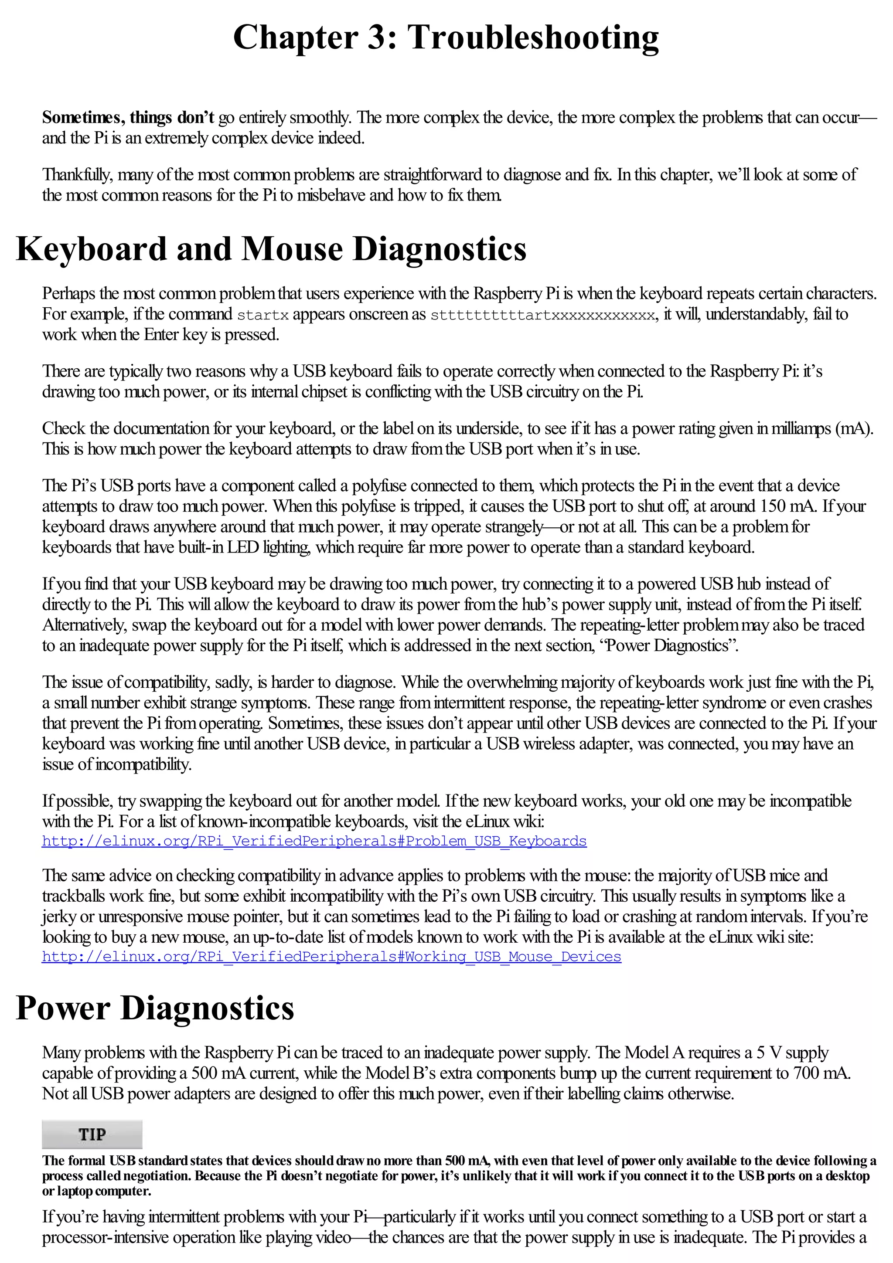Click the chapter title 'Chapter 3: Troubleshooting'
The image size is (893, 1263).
(446, 37)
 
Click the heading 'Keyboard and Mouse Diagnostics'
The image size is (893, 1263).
(271, 249)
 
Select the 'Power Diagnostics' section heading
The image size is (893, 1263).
(155, 1008)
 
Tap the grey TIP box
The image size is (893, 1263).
(92, 1134)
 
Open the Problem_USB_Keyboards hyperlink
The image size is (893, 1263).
(314, 841)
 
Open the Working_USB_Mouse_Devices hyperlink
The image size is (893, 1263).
(331, 957)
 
